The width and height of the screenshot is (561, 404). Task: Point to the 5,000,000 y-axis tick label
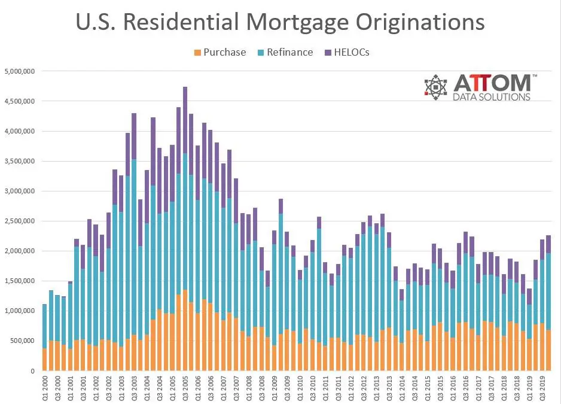coord(20,71)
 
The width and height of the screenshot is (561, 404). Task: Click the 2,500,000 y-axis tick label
coord(20,221)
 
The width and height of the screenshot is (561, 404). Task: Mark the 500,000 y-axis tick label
coord(22,341)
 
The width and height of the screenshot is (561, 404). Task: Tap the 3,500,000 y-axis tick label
coord(20,161)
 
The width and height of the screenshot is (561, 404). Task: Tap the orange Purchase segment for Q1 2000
coord(44,360)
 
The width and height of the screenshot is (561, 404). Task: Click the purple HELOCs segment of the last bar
coord(548,244)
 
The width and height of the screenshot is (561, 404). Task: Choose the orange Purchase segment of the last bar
coord(548,350)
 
